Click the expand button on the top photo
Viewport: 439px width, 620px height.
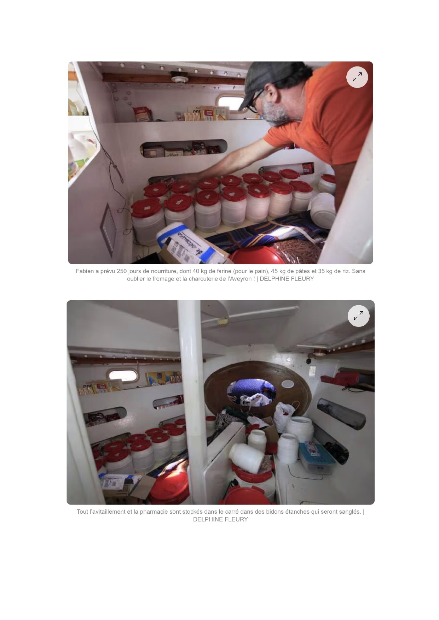pyautogui.click(x=357, y=77)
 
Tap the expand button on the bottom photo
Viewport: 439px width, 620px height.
pyautogui.click(x=358, y=316)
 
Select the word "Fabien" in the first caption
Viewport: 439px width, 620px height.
pyautogui.click(x=85, y=271)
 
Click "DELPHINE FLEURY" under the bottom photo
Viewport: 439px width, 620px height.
pyautogui.click(x=220, y=519)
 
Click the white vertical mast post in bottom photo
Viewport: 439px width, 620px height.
pyautogui.click(x=191, y=389)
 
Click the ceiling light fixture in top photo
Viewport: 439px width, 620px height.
pyautogui.click(x=180, y=77)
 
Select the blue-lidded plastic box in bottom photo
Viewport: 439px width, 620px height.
pyautogui.click(x=316, y=456)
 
